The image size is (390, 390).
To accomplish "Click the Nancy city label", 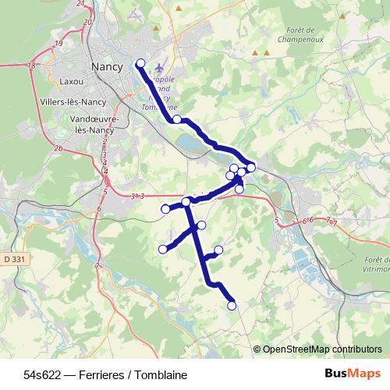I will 107,67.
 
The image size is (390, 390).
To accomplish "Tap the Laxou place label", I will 70,80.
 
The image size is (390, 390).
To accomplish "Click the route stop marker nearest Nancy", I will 140,63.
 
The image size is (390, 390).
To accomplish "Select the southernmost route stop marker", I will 232,306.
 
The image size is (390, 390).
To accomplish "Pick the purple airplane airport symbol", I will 161,69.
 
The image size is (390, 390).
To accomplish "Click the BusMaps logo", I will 352,374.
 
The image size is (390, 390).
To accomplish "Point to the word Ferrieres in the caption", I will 92,375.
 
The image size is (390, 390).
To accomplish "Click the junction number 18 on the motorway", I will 31,66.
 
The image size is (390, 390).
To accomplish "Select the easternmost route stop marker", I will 251,168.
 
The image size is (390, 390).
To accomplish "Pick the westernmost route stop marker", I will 163,250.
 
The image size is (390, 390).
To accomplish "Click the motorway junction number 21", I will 80,4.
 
